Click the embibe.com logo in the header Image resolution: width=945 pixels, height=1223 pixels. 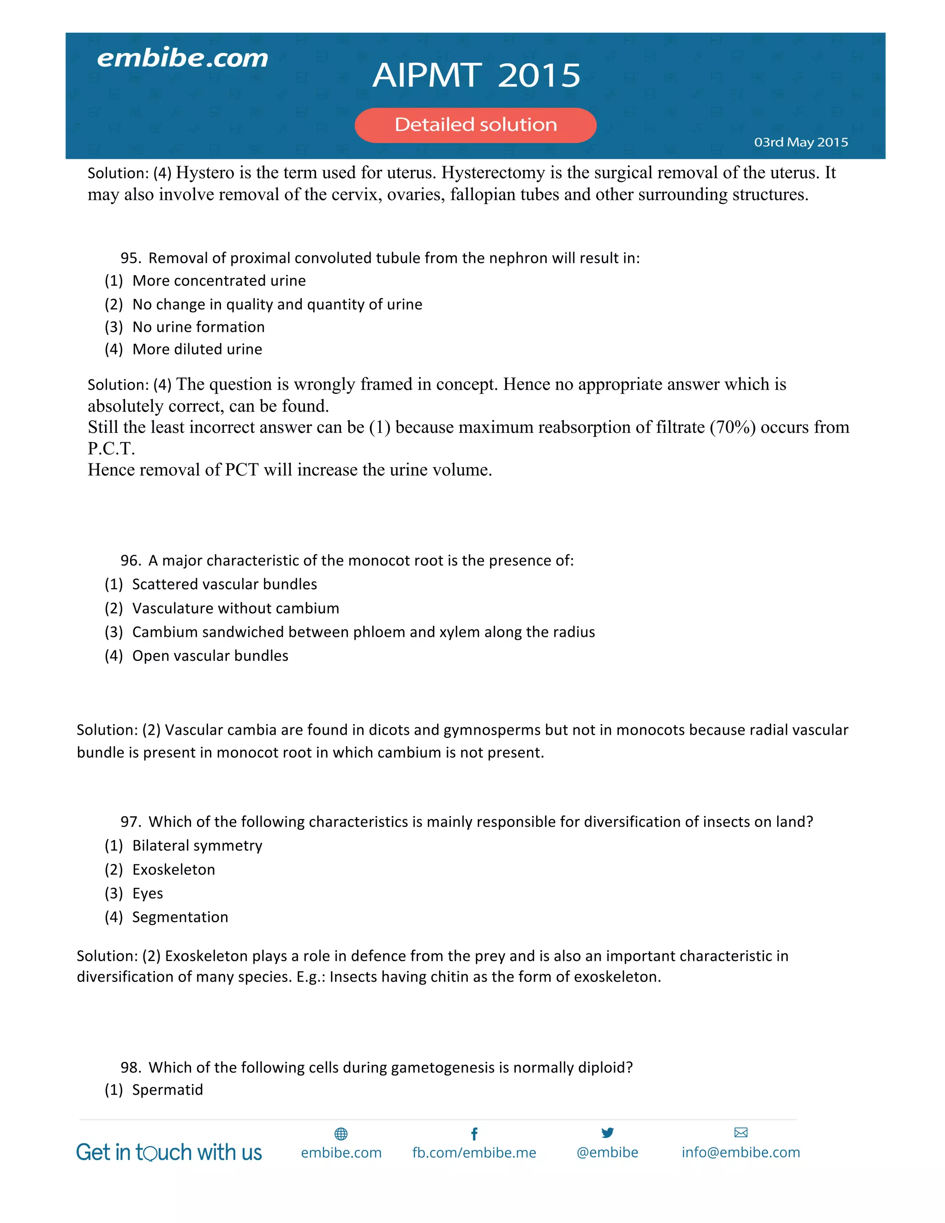pos(183,58)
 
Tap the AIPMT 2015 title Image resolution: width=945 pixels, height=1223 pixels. pos(476,75)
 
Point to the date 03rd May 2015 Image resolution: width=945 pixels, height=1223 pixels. pos(801,142)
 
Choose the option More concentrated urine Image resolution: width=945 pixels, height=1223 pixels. pos(219,281)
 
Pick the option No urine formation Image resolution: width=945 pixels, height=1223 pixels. pos(198,327)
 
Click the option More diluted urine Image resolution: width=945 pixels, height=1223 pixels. pos(197,349)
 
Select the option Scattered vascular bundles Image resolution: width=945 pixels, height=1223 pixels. pos(225,584)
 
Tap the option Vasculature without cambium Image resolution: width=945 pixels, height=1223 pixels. pos(236,608)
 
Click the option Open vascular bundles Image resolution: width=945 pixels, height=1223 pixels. pos(210,656)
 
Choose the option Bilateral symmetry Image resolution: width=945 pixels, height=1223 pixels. pos(197,845)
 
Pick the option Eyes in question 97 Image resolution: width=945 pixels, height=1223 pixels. pos(147,893)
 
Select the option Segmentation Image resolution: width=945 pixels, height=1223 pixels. pos(179,917)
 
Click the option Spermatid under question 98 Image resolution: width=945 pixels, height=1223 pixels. pos(167,1090)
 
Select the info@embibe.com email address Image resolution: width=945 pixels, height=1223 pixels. pos(741,1152)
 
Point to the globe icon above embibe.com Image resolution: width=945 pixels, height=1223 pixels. pos(341,1134)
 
